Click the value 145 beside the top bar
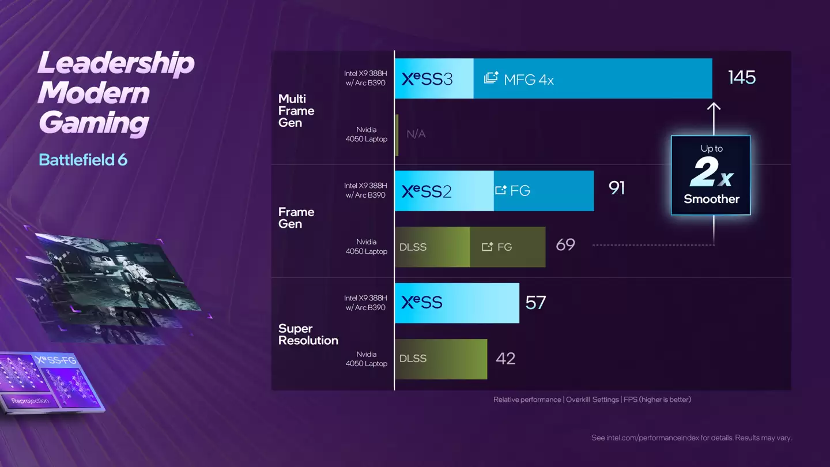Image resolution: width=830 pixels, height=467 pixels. (741, 78)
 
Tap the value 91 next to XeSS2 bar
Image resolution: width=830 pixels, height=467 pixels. (617, 189)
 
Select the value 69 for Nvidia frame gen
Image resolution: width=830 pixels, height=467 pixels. (565, 245)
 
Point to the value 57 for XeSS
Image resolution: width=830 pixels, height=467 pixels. (535, 303)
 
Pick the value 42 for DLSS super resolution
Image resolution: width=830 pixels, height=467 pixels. (505, 359)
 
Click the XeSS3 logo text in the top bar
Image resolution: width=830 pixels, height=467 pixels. (427, 79)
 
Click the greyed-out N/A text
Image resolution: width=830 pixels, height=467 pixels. (416, 134)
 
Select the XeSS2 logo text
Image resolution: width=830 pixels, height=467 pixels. (427, 191)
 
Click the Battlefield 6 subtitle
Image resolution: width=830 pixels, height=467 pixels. (83, 160)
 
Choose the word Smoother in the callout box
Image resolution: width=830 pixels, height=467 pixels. (711, 199)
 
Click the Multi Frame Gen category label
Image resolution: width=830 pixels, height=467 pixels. (296, 111)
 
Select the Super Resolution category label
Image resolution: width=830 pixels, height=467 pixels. (308, 334)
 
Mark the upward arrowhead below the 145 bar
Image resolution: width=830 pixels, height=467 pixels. (714, 107)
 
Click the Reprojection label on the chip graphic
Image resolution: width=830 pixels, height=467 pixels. (30, 401)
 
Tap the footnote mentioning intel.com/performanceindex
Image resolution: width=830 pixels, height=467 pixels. (691, 438)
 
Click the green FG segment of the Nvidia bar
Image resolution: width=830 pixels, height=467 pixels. (507, 247)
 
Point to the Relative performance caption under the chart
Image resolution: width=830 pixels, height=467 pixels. (592, 400)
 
